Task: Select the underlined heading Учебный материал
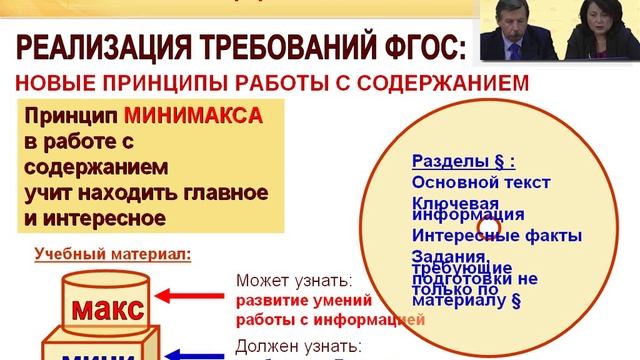pos(111,254)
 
